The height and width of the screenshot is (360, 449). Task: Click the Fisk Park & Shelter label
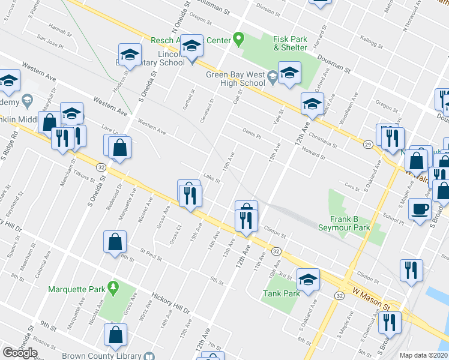click(291, 43)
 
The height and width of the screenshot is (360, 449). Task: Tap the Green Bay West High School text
click(235, 79)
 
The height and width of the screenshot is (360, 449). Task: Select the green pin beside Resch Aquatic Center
click(238, 40)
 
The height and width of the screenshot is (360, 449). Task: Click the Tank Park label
click(281, 294)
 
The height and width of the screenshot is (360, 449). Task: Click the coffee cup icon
click(420, 209)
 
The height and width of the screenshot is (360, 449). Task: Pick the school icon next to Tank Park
click(308, 280)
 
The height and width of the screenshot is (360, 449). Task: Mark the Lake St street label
click(209, 177)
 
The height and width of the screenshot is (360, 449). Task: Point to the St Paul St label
click(152, 255)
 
